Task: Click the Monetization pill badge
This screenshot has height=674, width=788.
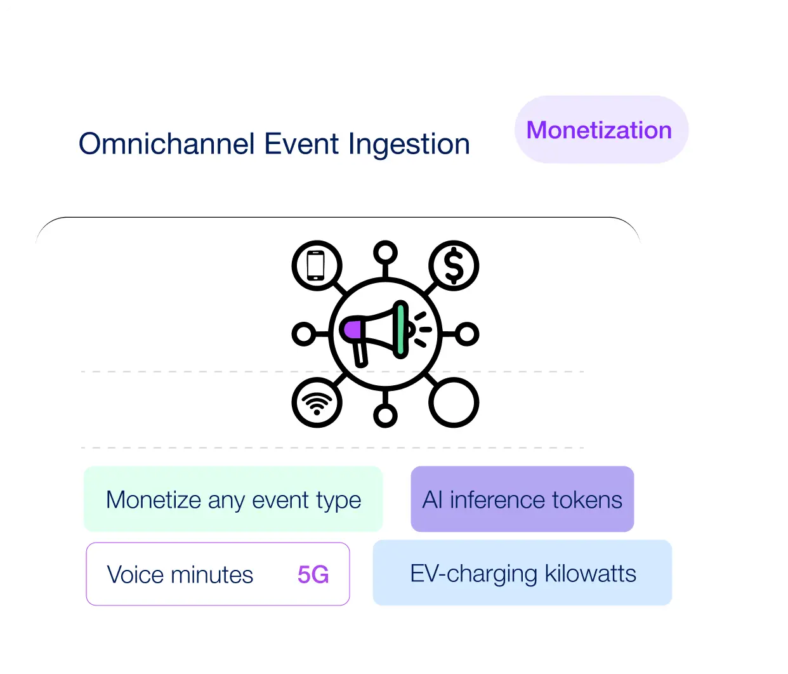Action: [601, 129]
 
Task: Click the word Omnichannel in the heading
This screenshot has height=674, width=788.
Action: [166, 144]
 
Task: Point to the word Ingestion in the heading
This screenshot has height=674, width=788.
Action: [409, 145]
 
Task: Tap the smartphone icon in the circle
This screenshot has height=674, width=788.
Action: [316, 265]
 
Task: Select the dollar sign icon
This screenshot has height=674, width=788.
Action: [454, 265]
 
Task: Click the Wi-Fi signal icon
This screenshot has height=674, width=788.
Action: [317, 403]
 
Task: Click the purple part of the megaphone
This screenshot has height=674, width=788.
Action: [353, 329]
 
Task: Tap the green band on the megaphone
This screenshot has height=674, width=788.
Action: [400, 329]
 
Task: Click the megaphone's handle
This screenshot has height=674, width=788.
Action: [360, 354]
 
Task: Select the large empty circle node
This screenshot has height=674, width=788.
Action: [454, 402]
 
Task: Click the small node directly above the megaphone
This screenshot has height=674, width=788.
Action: [385, 252]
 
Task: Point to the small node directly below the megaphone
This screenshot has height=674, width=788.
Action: [385, 416]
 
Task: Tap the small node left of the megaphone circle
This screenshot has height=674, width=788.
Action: [303, 334]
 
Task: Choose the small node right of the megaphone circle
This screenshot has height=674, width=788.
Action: [467, 334]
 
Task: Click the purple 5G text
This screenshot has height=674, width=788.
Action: [313, 574]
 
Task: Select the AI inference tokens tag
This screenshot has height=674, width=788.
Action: [522, 499]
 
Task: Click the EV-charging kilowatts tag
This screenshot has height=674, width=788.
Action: [522, 572]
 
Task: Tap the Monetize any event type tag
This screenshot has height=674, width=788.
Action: [233, 499]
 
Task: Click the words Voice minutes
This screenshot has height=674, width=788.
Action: [180, 574]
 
